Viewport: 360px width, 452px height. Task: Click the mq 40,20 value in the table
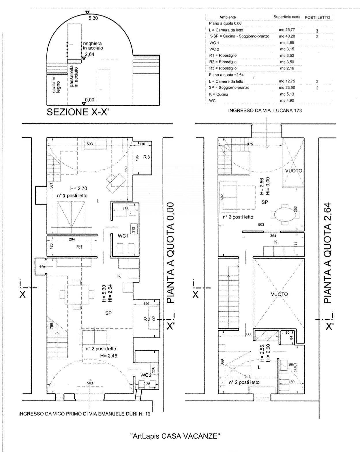coord(286,36)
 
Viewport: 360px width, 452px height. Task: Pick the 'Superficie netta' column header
coord(287,17)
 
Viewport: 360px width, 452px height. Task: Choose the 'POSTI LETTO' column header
coord(317,17)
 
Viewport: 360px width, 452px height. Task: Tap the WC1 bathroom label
coord(123,236)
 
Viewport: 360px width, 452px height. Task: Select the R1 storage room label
coord(79,247)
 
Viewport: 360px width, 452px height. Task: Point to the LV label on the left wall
coord(42,267)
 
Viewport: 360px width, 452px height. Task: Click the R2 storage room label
coord(147,319)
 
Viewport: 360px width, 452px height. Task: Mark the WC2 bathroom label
coord(146,375)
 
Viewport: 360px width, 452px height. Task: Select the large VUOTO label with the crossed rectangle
coord(279,294)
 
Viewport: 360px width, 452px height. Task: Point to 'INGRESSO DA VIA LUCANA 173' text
coord(265,111)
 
